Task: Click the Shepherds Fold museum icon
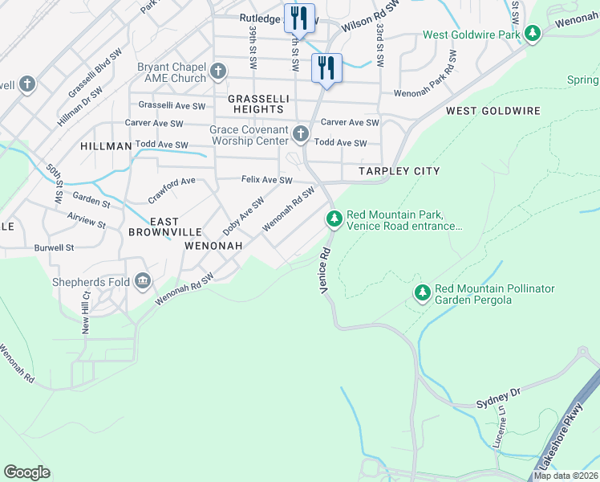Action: click(143, 280)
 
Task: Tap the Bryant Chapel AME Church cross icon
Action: click(217, 72)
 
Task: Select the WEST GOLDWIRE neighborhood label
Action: click(493, 111)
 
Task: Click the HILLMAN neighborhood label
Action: click(106, 146)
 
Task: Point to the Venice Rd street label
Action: click(326, 271)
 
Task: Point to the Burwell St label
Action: click(54, 248)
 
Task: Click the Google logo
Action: click(26, 472)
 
